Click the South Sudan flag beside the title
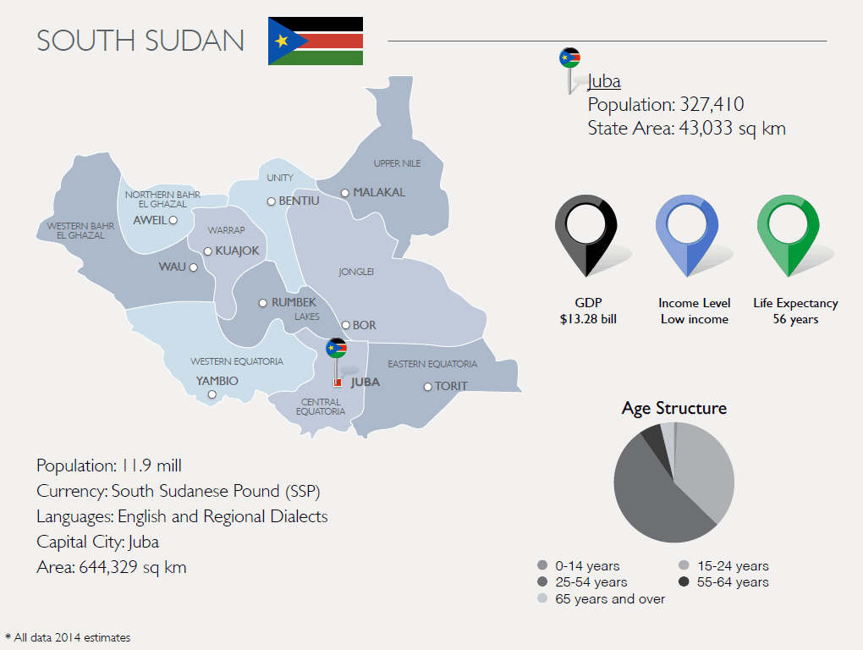coord(316,41)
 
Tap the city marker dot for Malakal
coord(345,193)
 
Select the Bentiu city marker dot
coord(272,201)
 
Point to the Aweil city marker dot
coord(173,220)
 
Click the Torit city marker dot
coord(428,387)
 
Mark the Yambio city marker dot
coord(212,394)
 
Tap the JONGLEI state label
coord(356,272)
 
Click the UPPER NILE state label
coord(397,163)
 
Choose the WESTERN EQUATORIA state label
coord(237,361)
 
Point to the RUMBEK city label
coord(294,302)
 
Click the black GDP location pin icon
coord(586,234)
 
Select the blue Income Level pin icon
coord(687,234)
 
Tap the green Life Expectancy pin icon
coord(789,234)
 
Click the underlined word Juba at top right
coord(604,81)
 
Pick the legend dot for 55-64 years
coord(684,582)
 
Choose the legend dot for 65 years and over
coord(542,599)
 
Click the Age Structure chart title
coord(673,408)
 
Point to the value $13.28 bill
coord(588,319)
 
